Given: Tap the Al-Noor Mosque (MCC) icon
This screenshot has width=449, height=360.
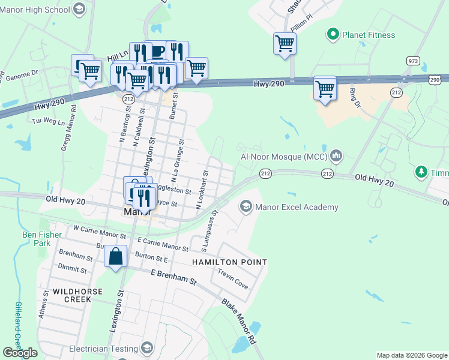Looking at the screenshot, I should point(336,157).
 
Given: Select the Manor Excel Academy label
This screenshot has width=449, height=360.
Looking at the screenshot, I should point(297,208).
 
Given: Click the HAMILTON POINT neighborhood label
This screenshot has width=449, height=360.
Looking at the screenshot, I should point(229,262).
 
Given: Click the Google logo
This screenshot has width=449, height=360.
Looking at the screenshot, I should point(20,353).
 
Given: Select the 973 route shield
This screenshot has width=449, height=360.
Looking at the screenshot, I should point(412,61).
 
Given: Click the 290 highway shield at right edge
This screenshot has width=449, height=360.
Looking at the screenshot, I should point(435,79).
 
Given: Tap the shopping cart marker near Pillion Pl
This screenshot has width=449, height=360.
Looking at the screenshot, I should point(285,43).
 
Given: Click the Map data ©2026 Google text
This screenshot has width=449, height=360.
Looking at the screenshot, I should point(411,355).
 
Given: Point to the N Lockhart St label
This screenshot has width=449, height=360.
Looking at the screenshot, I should point(202,189).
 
